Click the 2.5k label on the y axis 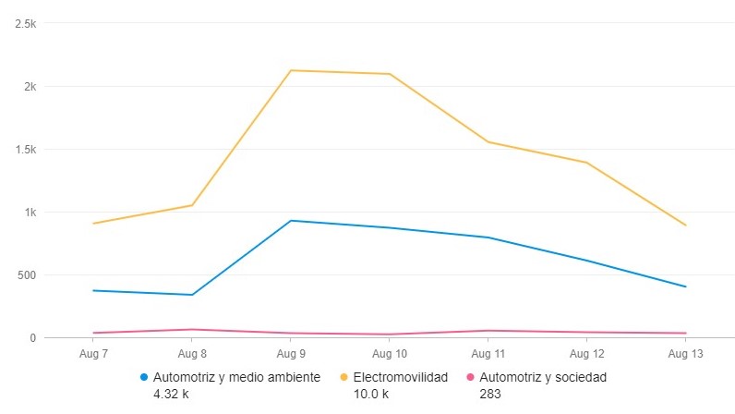pyautogui.click(x=24, y=24)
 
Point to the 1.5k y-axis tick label pyautogui.click(x=24, y=150)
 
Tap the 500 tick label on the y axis pyautogui.click(x=26, y=275)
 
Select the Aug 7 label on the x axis pyautogui.click(x=93, y=354)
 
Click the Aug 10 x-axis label pyautogui.click(x=389, y=354)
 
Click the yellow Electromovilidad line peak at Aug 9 pyautogui.click(x=291, y=70)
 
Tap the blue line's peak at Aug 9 pyautogui.click(x=291, y=221)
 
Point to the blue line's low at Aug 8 pyautogui.click(x=192, y=295)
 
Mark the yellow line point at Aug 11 pyautogui.click(x=488, y=142)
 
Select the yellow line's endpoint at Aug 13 pyautogui.click(x=685, y=225)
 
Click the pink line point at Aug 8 pyautogui.click(x=192, y=329)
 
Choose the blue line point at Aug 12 pyautogui.click(x=586, y=261)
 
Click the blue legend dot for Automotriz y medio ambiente pyautogui.click(x=144, y=377)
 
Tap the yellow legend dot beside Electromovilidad pyautogui.click(x=344, y=377)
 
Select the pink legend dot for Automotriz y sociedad pyautogui.click(x=470, y=377)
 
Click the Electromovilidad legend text pyautogui.click(x=400, y=377)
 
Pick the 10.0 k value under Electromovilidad pyautogui.click(x=371, y=394)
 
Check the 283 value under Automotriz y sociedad pyautogui.click(x=490, y=394)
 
